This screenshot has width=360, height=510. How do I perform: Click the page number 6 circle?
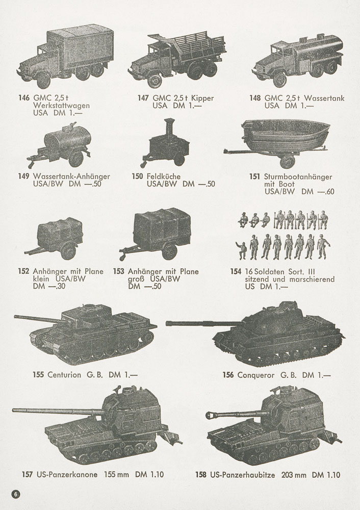pyautogui.click(x=16, y=494)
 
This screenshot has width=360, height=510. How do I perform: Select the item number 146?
pyautogui.click(x=24, y=98)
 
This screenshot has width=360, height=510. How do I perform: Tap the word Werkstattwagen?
pyautogui.click(x=62, y=106)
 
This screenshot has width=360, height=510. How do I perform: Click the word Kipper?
pyautogui.click(x=202, y=98)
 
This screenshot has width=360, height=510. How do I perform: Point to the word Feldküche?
pyautogui.click(x=164, y=176)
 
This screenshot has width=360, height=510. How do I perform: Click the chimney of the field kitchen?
pyautogui.click(x=169, y=127)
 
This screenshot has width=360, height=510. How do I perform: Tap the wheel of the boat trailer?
pyautogui.click(x=288, y=161)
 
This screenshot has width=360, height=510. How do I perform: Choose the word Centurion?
pyautogui.click(x=64, y=375)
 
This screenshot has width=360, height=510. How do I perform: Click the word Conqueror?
pyautogui.click(x=256, y=375)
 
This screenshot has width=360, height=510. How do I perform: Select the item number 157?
pyautogui.click(x=28, y=474)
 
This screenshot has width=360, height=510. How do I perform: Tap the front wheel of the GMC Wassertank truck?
pyautogui.click(x=279, y=80)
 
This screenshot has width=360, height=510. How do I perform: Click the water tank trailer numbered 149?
pyautogui.click(x=59, y=145)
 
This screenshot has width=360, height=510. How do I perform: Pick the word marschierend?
pyautogui.click(x=312, y=279)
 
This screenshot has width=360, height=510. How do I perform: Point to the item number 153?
pyautogui.click(x=119, y=271)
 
